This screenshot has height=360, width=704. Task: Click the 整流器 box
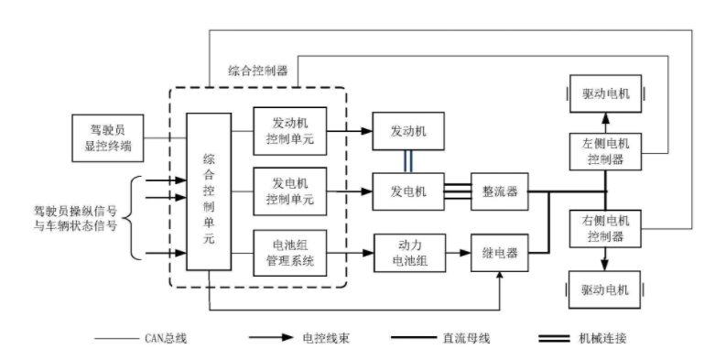[500, 191]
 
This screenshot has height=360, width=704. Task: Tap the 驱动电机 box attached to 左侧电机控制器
[605, 93]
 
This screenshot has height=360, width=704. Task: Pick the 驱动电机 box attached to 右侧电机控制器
[605, 289]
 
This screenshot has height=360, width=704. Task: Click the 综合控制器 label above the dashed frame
[257, 71]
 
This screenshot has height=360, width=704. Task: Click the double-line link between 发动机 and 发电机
[406, 160]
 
